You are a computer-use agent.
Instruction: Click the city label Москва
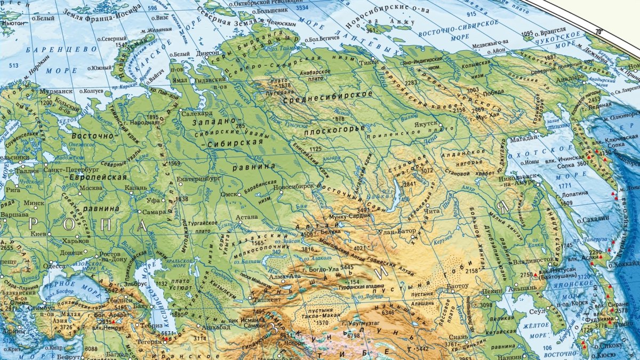(x=91, y=188)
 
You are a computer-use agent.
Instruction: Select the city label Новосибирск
(x=293, y=187)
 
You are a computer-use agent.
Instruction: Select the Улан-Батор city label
(x=397, y=231)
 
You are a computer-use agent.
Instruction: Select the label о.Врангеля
(x=551, y=33)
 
